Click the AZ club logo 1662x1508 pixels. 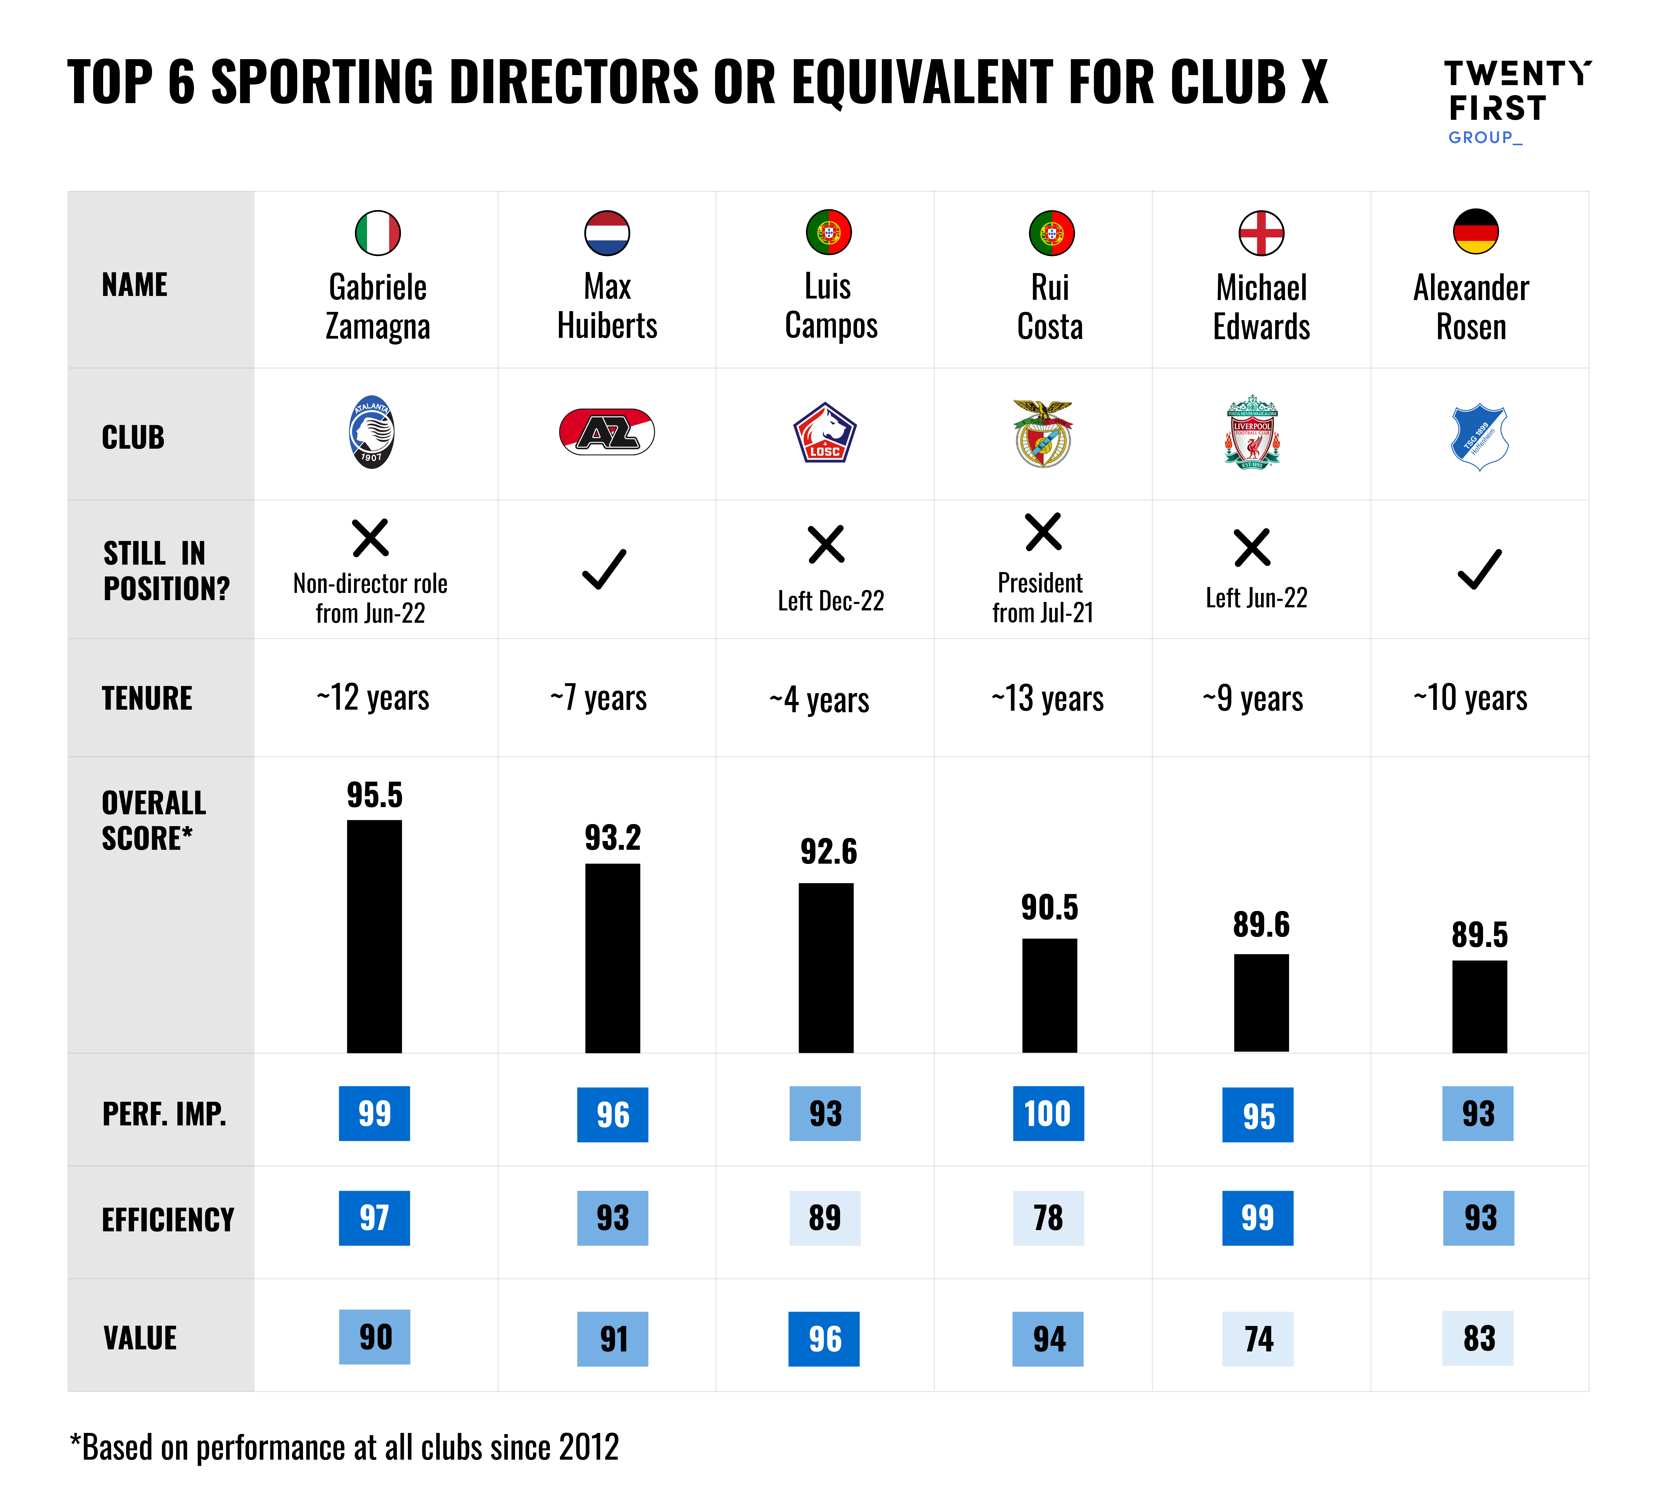pos(607,432)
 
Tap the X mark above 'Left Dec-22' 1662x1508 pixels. pos(826,544)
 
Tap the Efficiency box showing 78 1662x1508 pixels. pos(1048,1218)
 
